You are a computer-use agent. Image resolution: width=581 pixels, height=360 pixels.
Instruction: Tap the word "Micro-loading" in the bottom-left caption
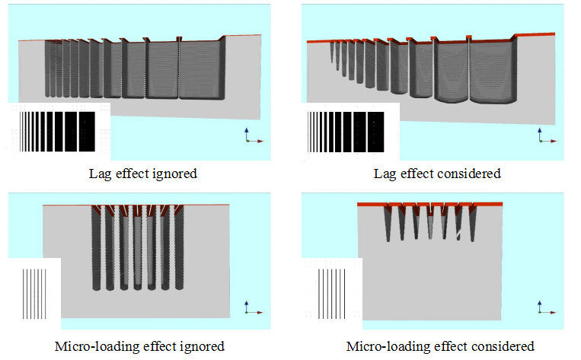click(x=97, y=346)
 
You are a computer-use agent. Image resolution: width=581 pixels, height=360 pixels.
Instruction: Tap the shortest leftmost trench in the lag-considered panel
click(x=332, y=52)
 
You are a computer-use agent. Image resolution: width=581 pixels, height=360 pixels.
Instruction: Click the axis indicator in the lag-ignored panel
click(x=254, y=135)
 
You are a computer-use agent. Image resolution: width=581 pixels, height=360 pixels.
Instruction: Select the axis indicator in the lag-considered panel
click(x=547, y=135)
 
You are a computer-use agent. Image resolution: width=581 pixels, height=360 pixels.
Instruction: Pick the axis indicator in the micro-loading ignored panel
click(x=254, y=307)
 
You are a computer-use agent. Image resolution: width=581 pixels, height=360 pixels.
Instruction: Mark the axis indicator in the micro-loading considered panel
click(x=547, y=307)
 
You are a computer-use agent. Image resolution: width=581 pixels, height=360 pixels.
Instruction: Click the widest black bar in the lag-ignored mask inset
click(x=87, y=132)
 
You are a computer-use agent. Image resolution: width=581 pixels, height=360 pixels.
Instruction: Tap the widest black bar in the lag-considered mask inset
click(x=375, y=132)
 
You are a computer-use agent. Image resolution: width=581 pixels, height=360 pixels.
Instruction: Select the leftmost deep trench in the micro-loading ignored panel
click(x=97, y=248)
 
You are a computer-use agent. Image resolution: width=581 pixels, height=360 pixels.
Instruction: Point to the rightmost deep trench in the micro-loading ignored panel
click(x=180, y=247)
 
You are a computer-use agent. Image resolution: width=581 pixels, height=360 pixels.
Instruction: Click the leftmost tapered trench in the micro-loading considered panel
click(x=388, y=225)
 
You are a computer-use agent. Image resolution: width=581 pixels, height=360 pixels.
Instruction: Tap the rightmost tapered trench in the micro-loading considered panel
click(x=472, y=225)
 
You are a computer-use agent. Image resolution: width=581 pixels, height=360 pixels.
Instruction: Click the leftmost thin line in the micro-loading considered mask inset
click(x=318, y=294)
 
